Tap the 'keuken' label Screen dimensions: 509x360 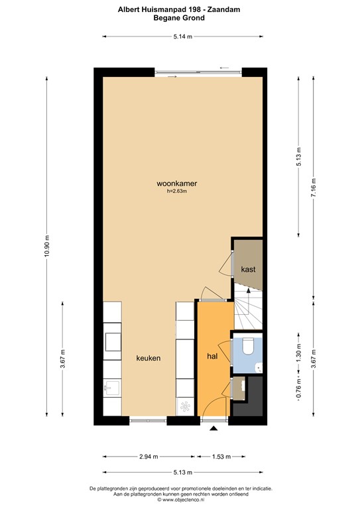[149, 358]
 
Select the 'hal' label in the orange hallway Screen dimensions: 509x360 [213, 357]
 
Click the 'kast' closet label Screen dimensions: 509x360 [248, 269]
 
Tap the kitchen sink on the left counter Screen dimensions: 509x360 [112, 388]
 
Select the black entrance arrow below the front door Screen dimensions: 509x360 [213, 429]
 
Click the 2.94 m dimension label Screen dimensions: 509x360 [149, 456]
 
